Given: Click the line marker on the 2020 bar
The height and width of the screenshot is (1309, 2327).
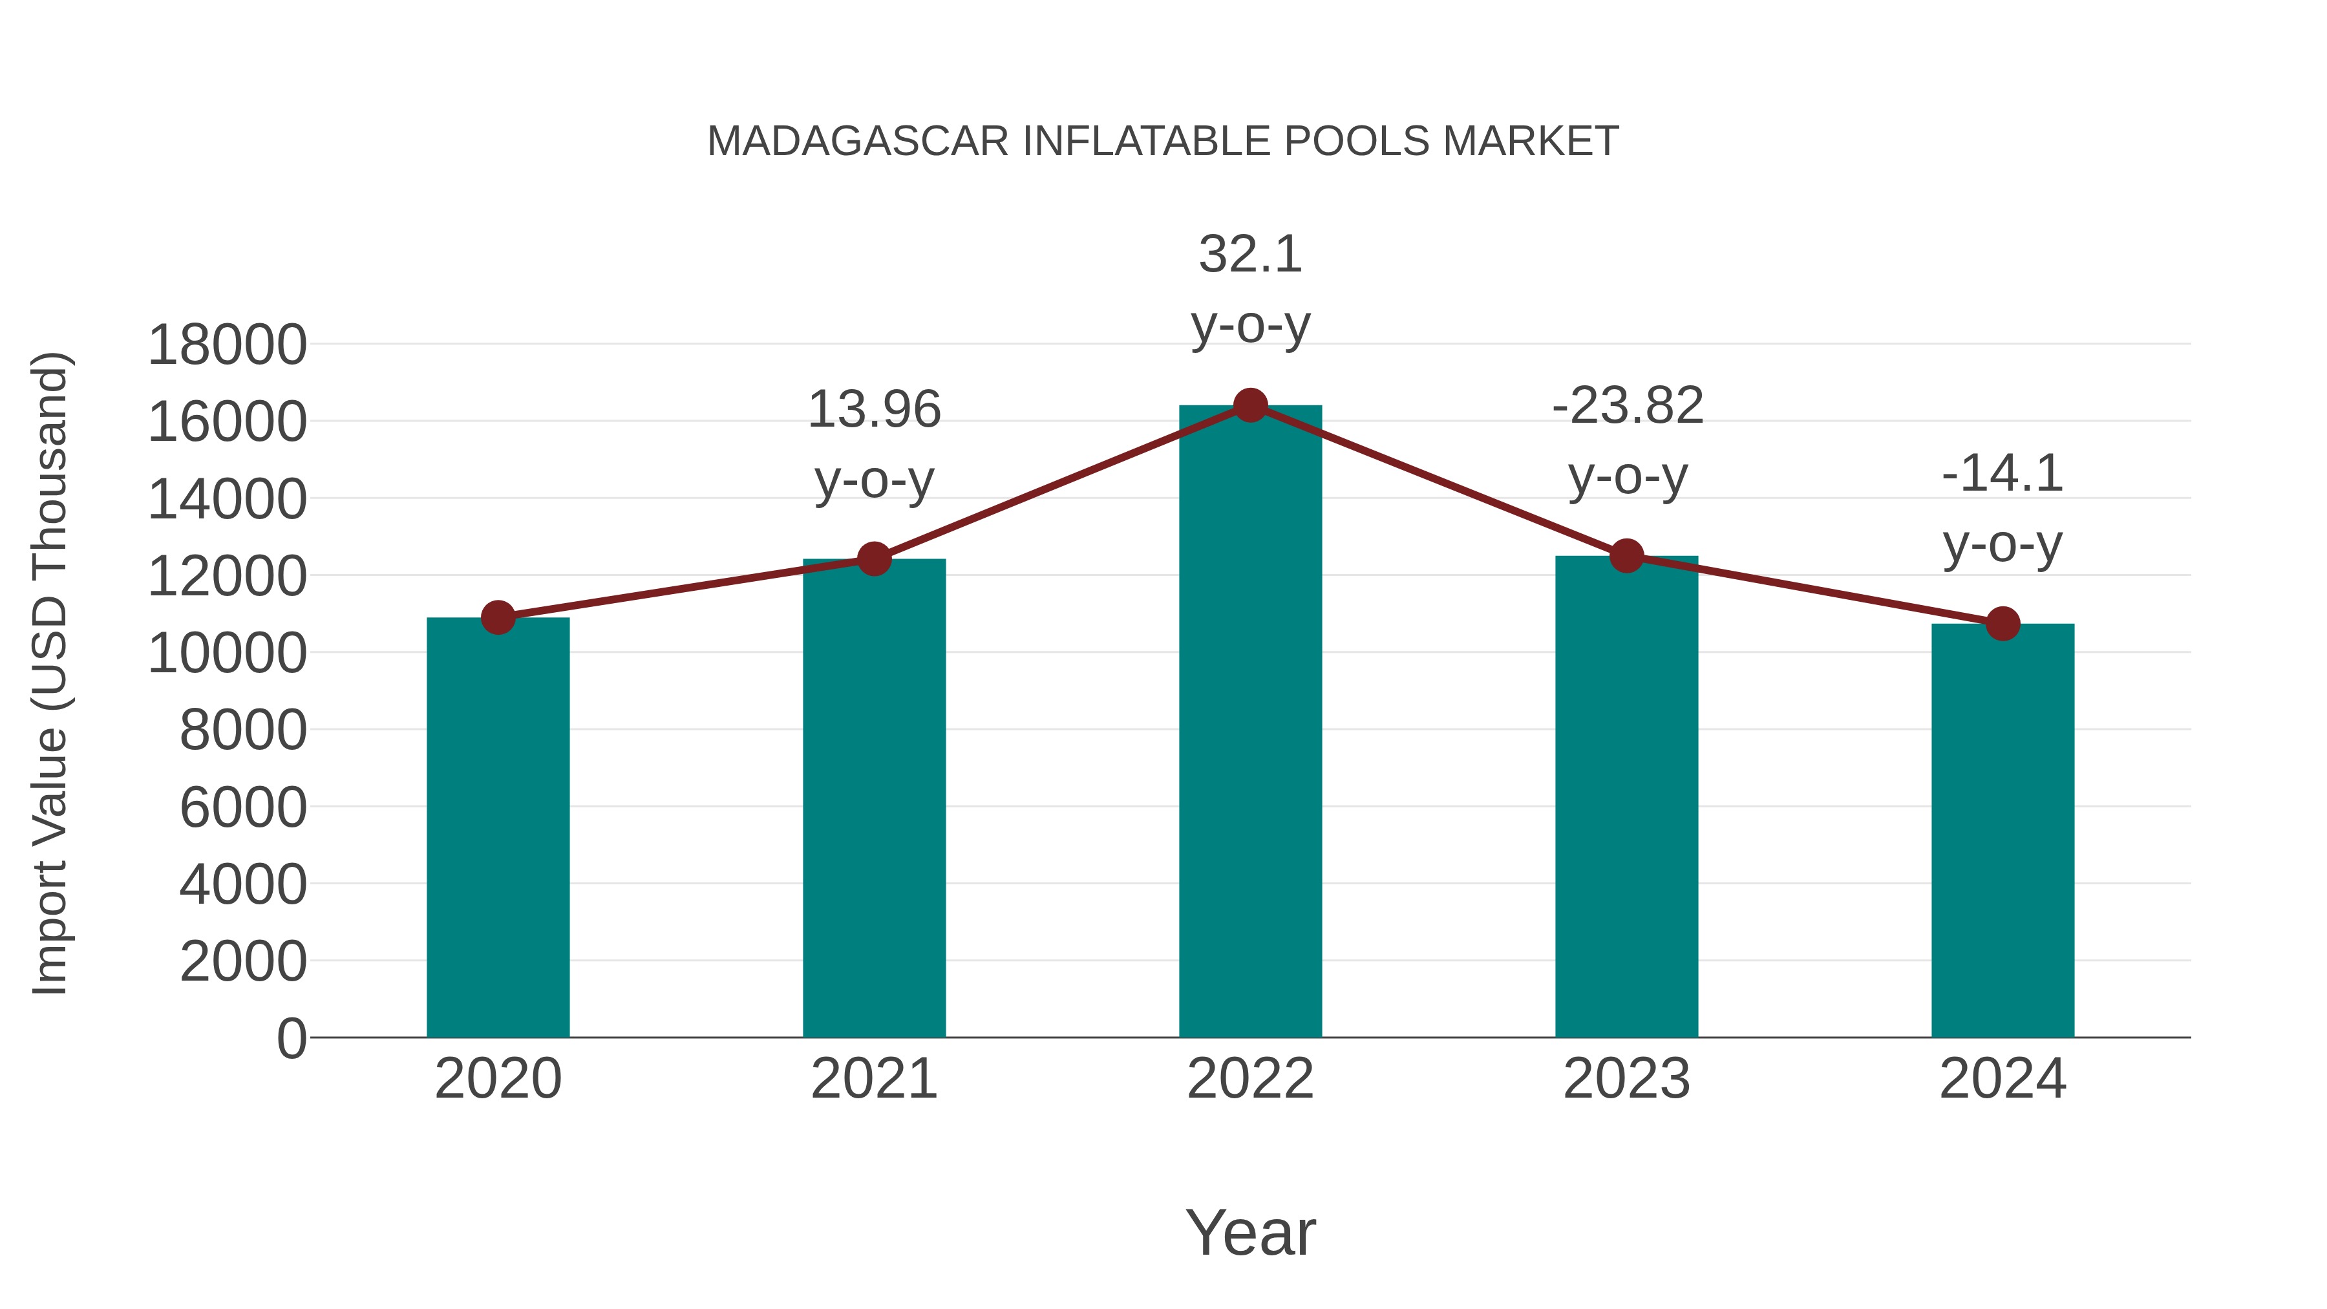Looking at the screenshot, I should tap(498, 618).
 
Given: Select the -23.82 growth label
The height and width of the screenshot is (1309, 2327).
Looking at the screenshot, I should tap(1627, 440).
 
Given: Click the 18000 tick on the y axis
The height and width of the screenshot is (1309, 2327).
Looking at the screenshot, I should tap(227, 345).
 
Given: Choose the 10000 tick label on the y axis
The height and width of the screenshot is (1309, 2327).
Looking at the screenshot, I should tap(227, 653).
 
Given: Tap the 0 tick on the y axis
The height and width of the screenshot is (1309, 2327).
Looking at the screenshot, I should tap(292, 1038).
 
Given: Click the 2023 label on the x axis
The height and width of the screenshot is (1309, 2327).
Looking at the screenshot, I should tap(1626, 1079).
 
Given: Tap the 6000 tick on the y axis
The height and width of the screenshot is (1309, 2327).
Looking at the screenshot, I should tap(243, 807).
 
